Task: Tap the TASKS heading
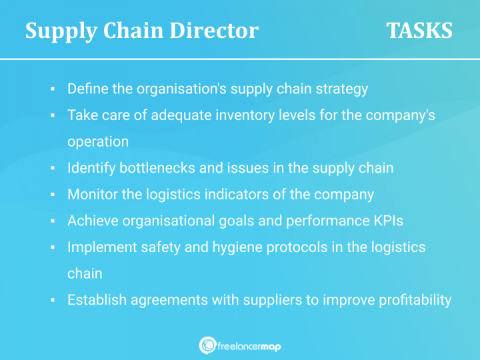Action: (419, 31)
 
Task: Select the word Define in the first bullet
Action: (89, 89)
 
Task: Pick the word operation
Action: (98, 141)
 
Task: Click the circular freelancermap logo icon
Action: (207, 345)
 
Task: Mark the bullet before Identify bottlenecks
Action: (52, 168)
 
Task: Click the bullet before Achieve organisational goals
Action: (52, 221)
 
